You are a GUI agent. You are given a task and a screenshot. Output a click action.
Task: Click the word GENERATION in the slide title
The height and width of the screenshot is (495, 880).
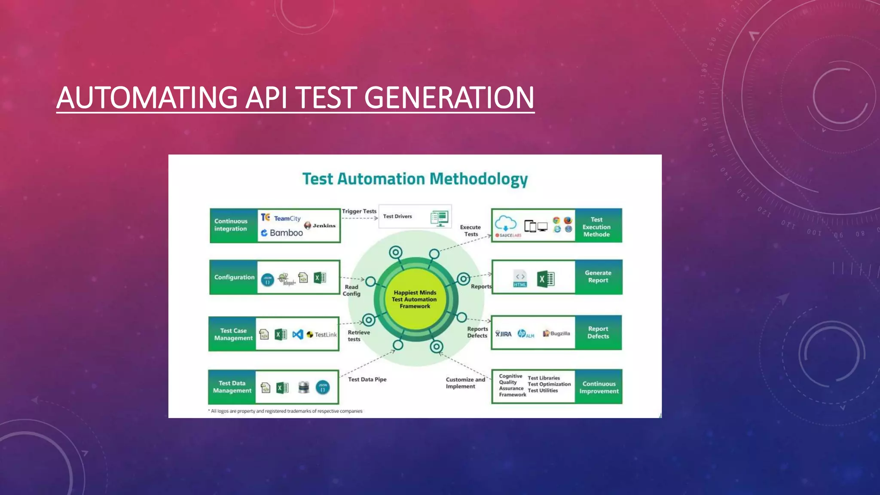pyautogui.click(x=449, y=98)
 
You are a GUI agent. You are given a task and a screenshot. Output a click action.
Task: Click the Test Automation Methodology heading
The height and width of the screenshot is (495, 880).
pyautogui.click(x=415, y=179)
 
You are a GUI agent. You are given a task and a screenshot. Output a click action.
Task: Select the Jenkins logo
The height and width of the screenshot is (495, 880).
pyautogui.click(x=320, y=225)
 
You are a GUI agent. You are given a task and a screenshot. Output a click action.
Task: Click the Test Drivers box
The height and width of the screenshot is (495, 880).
pyautogui.click(x=415, y=217)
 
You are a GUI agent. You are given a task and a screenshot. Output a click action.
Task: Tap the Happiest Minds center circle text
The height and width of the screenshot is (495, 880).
pyautogui.click(x=415, y=299)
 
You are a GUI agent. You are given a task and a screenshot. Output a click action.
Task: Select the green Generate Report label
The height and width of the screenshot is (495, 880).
pyautogui.click(x=598, y=276)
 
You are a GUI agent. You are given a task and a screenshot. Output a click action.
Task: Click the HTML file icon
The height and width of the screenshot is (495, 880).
pyautogui.click(x=519, y=279)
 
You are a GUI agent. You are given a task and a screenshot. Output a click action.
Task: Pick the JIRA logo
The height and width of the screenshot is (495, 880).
pyautogui.click(x=503, y=334)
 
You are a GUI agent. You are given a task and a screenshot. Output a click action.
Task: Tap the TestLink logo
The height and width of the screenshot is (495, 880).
pyautogui.click(x=322, y=334)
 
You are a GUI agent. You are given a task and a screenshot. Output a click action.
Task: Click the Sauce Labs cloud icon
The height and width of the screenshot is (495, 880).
pyautogui.click(x=506, y=224)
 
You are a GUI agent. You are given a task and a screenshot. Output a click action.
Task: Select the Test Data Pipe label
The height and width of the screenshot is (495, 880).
pyautogui.click(x=367, y=379)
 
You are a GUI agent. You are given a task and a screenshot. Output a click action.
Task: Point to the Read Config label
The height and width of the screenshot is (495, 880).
pyautogui.click(x=351, y=290)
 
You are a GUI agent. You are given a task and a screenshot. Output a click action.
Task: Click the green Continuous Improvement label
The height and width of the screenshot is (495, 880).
pyautogui.click(x=599, y=387)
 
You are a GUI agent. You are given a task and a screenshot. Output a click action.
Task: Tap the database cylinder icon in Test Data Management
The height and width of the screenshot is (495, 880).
pyautogui.click(x=303, y=387)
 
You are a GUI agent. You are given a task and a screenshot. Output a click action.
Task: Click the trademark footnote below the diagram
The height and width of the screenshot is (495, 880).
pyautogui.click(x=286, y=411)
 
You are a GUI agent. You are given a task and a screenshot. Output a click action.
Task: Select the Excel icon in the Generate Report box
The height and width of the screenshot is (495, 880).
pyautogui.click(x=546, y=279)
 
